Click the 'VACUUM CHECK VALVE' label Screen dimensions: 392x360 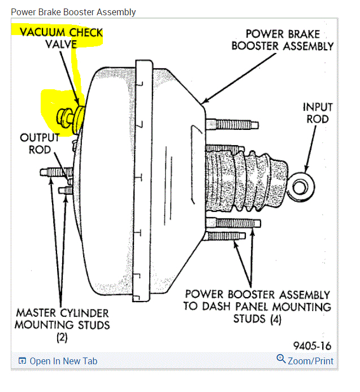click(62, 38)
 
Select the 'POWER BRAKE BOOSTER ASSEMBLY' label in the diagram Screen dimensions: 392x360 click(283, 40)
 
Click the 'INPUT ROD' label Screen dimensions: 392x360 click(318, 112)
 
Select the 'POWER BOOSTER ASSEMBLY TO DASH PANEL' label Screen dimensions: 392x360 click(258, 300)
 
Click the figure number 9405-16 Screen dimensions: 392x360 click(313, 345)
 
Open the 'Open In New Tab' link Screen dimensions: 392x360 click(63, 361)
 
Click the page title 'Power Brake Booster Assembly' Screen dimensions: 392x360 click(73, 12)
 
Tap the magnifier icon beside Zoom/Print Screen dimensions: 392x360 click(281, 359)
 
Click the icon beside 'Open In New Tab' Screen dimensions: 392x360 click(22, 361)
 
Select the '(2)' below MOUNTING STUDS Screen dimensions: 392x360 click(62, 337)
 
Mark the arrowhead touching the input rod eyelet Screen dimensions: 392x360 click(306, 167)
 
